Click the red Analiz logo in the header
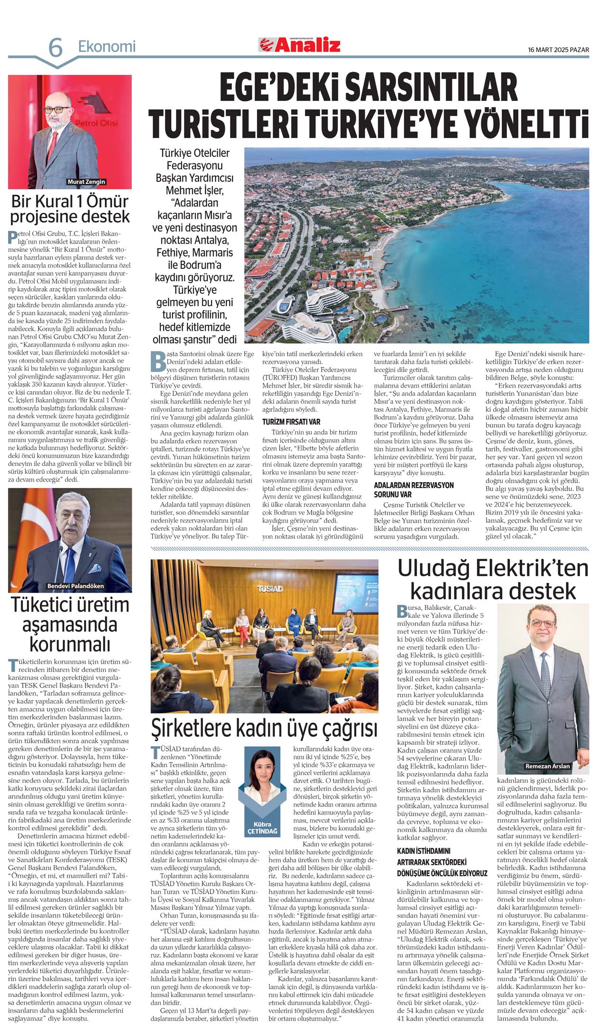point(300,45)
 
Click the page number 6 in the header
point(55,47)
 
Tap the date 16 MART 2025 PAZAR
point(558,50)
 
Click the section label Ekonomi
point(107,46)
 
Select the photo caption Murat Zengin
point(86,182)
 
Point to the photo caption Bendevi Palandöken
point(75,586)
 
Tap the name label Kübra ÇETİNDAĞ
point(262,829)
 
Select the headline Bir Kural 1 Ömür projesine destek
point(70,209)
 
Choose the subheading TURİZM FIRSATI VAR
point(291,421)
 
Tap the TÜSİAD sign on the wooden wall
point(270,589)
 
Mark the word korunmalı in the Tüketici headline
point(70,644)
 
